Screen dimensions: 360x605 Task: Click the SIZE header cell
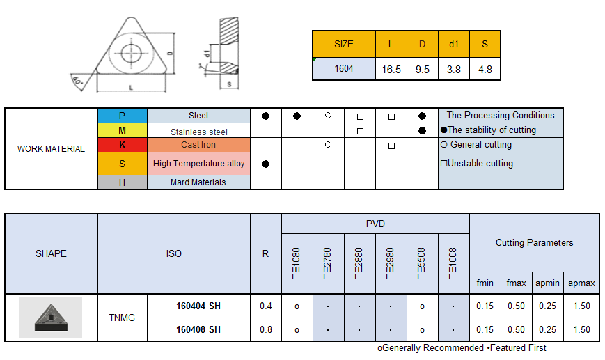point(344,44)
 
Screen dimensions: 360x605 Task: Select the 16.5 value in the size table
point(391,69)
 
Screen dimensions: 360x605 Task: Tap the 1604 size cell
point(344,68)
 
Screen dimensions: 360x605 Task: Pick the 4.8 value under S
point(485,69)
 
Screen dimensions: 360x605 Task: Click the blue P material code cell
point(123,116)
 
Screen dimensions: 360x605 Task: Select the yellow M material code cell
point(123,130)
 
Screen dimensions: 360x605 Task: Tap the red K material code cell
point(123,145)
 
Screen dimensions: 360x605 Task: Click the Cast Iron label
point(198,145)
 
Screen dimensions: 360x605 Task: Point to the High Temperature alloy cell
point(198,164)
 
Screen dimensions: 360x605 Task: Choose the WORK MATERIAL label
point(51,148)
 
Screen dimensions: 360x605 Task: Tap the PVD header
point(375,224)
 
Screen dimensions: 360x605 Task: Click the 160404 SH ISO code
point(198,306)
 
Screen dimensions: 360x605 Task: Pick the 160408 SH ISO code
point(198,329)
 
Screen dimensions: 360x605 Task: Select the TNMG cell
point(122,318)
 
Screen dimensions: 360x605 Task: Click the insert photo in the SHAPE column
point(51,318)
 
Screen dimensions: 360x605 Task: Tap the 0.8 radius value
point(265,329)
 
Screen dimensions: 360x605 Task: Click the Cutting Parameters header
point(534,242)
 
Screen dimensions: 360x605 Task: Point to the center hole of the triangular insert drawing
point(131,53)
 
